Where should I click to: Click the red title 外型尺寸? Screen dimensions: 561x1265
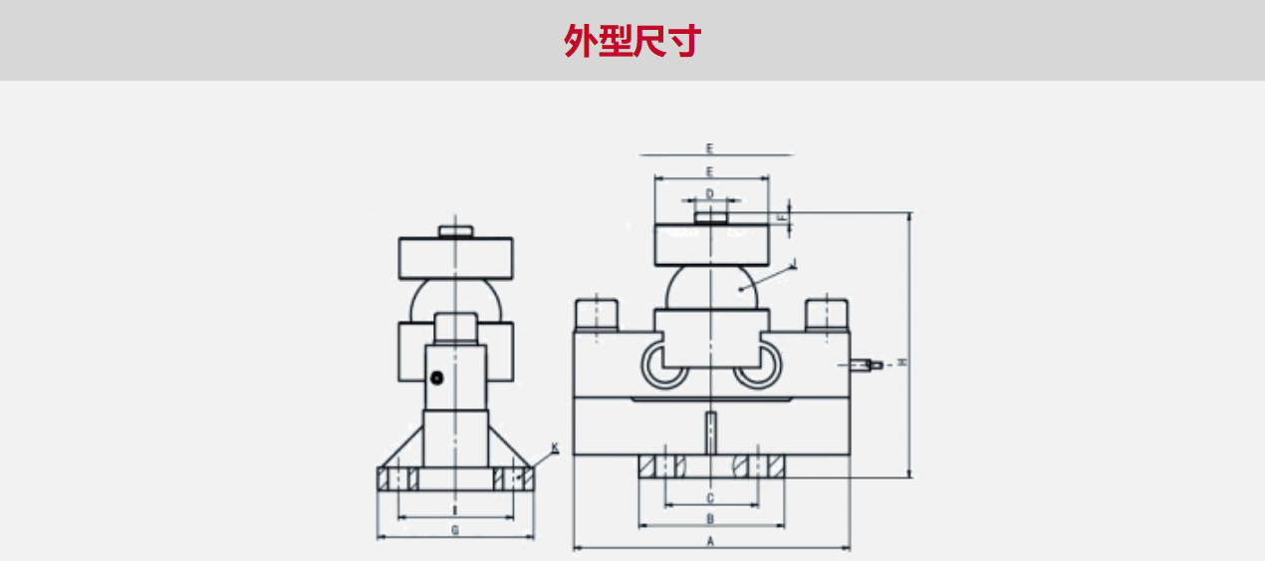[632, 41]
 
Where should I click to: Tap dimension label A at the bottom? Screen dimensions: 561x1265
[710, 541]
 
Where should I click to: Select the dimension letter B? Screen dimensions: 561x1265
[710, 519]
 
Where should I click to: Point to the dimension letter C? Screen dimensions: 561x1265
[710, 497]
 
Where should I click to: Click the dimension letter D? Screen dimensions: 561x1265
[710, 193]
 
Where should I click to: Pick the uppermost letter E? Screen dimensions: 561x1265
[710, 147]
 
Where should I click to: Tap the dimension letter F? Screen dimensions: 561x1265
[783, 215]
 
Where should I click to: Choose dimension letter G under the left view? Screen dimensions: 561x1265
[455, 530]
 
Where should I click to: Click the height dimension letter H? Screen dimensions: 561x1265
[902, 362]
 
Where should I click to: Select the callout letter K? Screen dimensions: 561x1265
[555, 448]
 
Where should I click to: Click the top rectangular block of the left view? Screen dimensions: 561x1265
[455, 257]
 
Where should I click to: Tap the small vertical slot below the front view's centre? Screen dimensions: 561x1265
[710, 430]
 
